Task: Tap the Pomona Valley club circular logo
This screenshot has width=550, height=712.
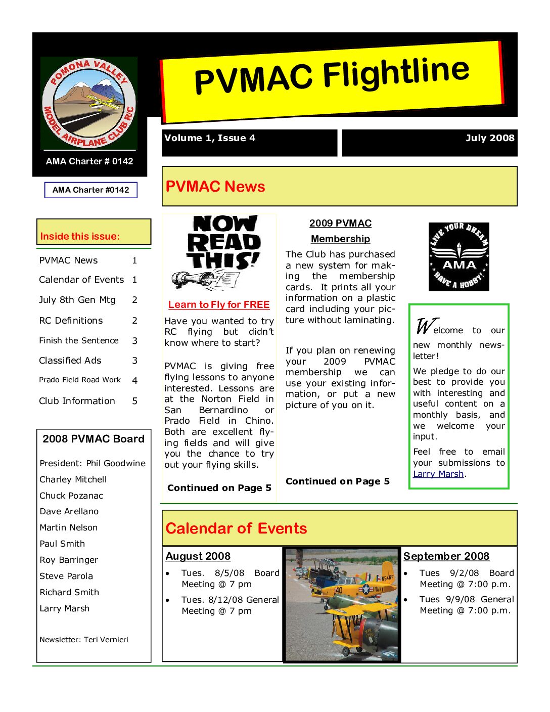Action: [x=89, y=103]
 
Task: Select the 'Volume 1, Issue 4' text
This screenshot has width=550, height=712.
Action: [x=210, y=138]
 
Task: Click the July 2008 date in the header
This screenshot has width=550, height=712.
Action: [x=489, y=138]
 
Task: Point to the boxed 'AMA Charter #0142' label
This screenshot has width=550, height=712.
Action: [x=91, y=190]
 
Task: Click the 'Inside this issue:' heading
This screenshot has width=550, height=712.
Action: [x=80, y=236]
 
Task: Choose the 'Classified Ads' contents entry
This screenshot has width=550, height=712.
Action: [x=70, y=361]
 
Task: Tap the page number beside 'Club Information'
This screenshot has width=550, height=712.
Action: [x=134, y=401]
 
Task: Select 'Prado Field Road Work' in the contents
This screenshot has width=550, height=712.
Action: [x=80, y=380]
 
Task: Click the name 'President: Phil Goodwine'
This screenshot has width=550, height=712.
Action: [x=93, y=463]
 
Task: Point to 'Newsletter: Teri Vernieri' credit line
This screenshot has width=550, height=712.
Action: [x=84, y=640]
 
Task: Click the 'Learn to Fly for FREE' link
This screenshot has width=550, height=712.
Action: [x=219, y=305]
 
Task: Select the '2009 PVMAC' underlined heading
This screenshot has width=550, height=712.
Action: [x=340, y=224]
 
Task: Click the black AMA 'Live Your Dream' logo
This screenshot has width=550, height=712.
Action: [x=459, y=257]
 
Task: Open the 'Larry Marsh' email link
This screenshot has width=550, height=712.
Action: [x=438, y=474]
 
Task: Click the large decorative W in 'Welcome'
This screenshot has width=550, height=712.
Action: [x=424, y=326]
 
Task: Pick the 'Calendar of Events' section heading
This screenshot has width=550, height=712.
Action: [x=236, y=528]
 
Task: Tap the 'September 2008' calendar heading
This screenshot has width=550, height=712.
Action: [x=446, y=556]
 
